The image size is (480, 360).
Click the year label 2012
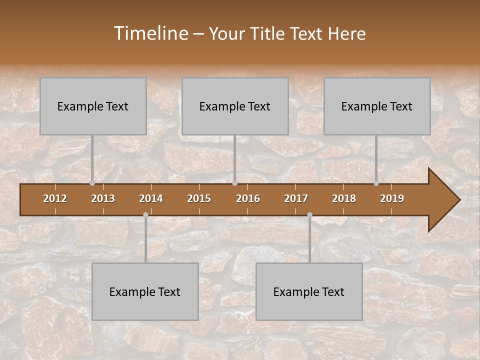[55, 198]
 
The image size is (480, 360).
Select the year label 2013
[103, 198]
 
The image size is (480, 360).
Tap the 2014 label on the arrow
[151, 198]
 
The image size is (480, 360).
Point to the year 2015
[199, 198]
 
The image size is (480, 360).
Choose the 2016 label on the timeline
[248, 198]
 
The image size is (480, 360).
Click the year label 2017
[296, 198]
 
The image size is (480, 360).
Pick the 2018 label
[344, 198]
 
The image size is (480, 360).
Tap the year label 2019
[392, 198]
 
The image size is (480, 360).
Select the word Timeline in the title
[150, 33]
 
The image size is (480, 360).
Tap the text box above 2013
[93, 106]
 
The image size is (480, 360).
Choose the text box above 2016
[235, 106]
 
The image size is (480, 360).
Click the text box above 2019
[377, 106]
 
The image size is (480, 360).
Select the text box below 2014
[145, 291]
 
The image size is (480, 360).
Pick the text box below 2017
[309, 291]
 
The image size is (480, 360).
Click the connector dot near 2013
[92, 183]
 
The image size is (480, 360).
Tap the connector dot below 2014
[145, 214]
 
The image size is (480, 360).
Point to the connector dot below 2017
[309, 214]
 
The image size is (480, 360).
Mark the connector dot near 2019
[376, 183]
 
